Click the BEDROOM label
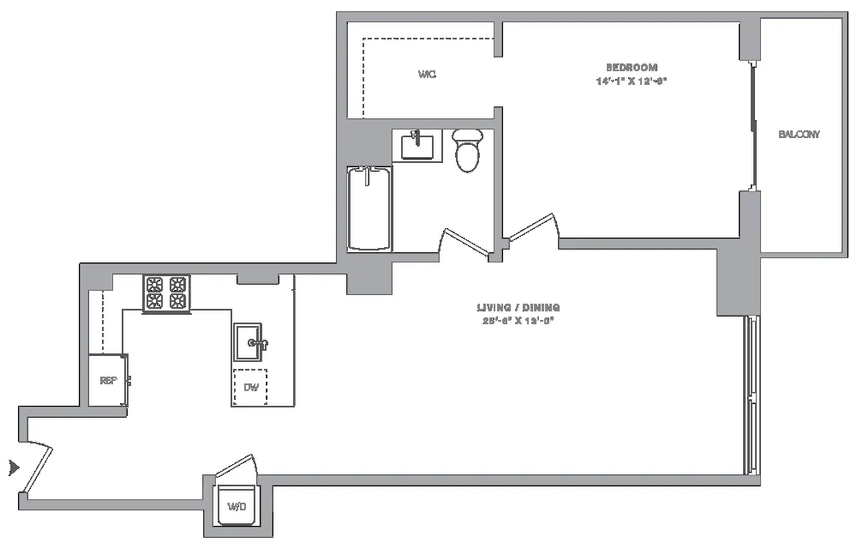pyautogui.click(x=631, y=68)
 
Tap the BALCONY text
pyautogui.click(x=799, y=135)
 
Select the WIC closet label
pyautogui.click(x=427, y=75)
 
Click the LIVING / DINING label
pyautogui.click(x=519, y=307)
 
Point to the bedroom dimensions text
pyautogui.click(x=631, y=81)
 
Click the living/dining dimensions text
pyautogui.click(x=519, y=321)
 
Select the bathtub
pyautogui.click(x=369, y=208)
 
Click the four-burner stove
pyautogui.click(x=166, y=293)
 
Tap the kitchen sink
pyautogui.click(x=250, y=343)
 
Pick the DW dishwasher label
pyautogui.click(x=250, y=388)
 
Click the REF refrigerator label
pyautogui.click(x=108, y=380)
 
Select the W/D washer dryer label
pyautogui.click(x=237, y=508)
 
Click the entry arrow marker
pyautogui.click(x=13, y=468)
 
